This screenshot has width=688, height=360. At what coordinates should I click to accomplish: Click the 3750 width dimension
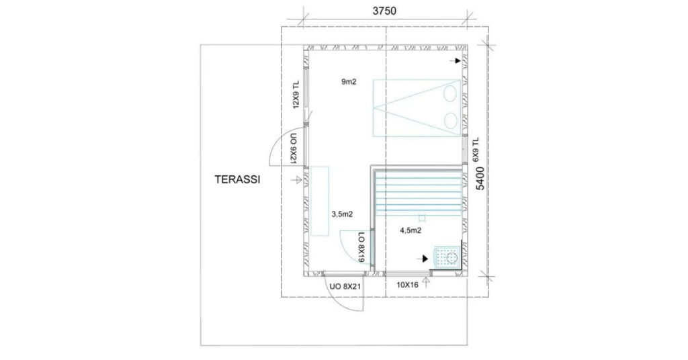(384, 11)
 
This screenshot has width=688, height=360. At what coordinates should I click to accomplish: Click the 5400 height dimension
(480, 178)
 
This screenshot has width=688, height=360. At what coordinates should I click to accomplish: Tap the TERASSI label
(237, 179)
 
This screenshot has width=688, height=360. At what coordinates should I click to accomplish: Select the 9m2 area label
(349, 81)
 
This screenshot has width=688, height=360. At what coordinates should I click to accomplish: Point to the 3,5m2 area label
(342, 214)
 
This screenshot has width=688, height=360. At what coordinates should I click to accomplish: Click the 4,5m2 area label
(411, 230)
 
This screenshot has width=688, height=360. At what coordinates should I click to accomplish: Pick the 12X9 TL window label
(296, 94)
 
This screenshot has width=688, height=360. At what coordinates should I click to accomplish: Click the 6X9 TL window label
(476, 150)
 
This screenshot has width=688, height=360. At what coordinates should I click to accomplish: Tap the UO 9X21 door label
(294, 148)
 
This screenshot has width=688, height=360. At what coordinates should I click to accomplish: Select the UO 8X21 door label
(345, 287)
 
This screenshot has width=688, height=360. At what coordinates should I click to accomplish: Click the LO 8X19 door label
(361, 247)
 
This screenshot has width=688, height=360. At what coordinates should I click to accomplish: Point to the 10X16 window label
(407, 285)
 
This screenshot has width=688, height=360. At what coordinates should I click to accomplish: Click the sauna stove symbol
(445, 256)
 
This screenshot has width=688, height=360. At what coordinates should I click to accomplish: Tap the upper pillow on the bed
(450, 93)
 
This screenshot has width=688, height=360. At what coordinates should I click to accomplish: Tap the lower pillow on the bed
(450, 120)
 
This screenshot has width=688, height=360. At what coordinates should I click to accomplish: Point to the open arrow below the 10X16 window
(425, 282)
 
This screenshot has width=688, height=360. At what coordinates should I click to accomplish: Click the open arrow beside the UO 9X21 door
(296, 179)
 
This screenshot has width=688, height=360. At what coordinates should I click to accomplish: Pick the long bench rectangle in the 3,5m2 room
(320, 201)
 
